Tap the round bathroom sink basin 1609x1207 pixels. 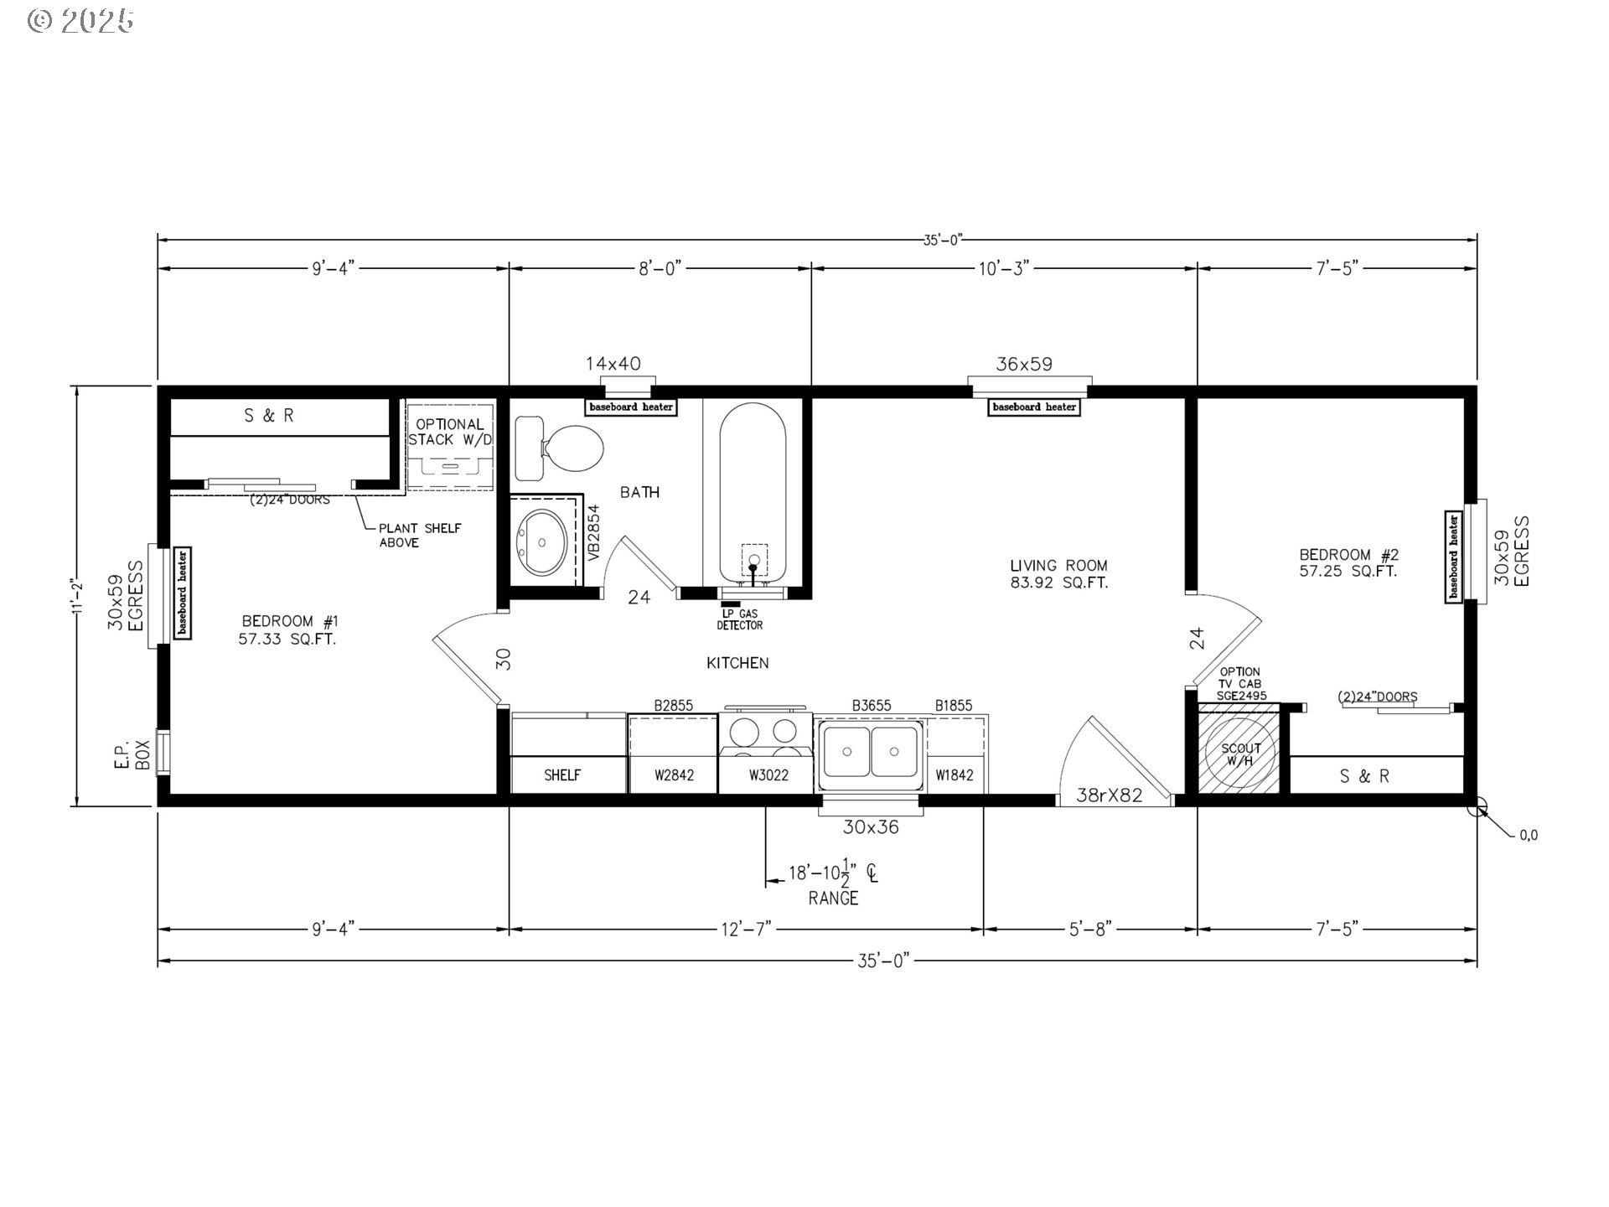pos(542,542)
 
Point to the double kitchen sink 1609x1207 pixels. pos(871,751)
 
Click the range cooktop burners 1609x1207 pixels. pos(765,732)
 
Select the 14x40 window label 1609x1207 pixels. pos(613,364)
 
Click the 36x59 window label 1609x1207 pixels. pos(1023,365)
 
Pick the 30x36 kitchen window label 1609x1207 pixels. pos(871,827)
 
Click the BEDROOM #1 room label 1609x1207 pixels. pos(289,629)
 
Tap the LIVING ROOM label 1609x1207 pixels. pos(1058,574)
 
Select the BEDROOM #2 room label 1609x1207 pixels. pos(1348,562)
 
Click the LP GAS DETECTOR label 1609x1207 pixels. pos(739,619)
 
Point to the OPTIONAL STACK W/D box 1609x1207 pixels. pos(450,444)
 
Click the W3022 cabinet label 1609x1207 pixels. pos(768,775)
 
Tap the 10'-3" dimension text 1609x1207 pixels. pos(1003,268)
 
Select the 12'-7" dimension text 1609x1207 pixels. pos(745,930)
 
